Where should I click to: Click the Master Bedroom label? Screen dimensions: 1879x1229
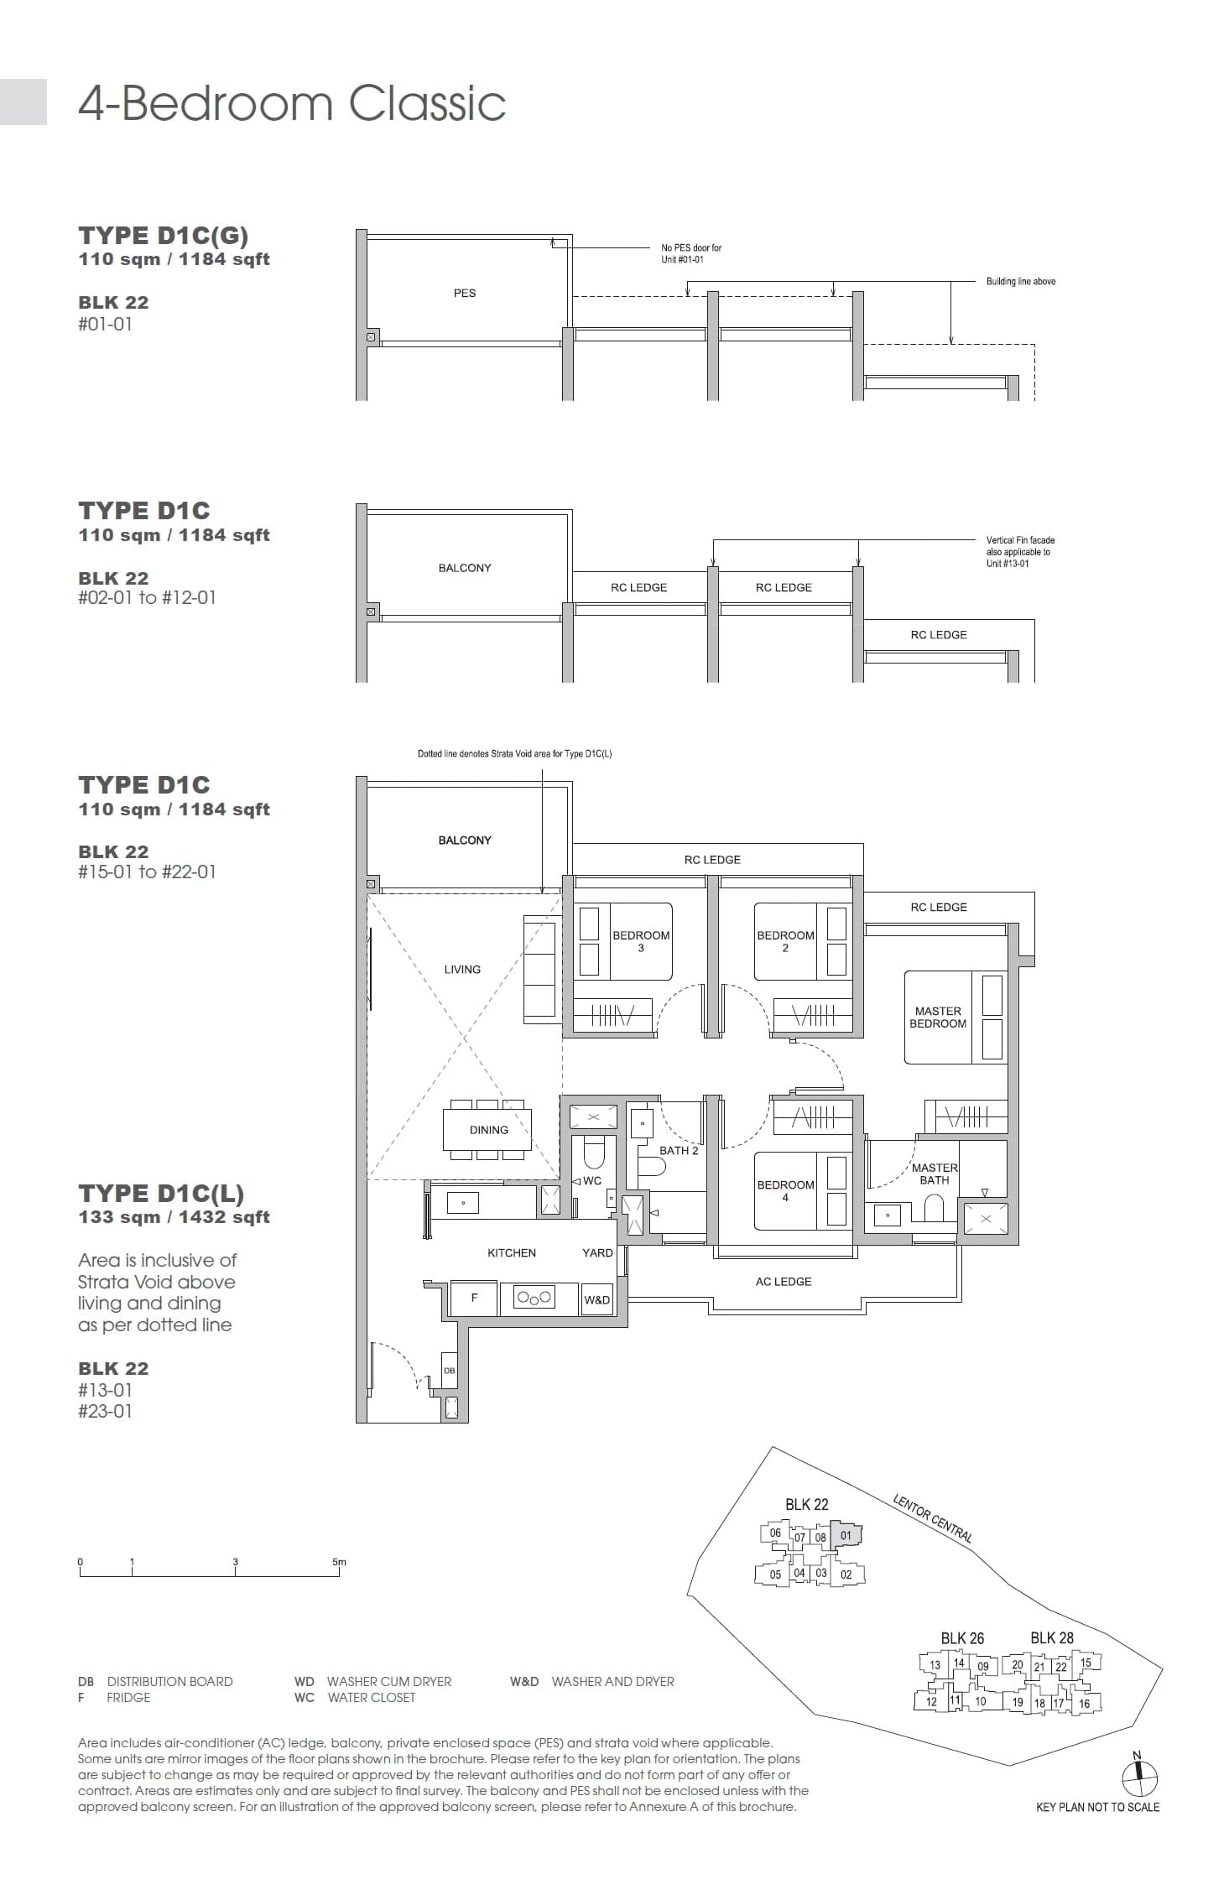coord(938,1017)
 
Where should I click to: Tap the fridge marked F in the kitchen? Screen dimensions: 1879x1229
coord(474,1298)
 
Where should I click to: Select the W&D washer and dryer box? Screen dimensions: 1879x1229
coord(596,1299)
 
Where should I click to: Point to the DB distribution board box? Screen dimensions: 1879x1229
coord(450,1371)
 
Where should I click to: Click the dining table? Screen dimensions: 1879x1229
coord(488,1130)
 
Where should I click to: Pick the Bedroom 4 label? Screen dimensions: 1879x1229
coord(785,1190)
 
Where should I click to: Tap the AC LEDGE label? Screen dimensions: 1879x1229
coord(783,1281)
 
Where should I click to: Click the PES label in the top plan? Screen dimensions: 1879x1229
coord(464,293)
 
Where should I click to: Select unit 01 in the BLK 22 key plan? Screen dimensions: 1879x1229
coord(846,1536)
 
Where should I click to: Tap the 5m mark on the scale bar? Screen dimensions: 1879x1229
coord(339,1562)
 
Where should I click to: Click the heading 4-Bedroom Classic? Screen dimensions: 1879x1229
coord(292,103)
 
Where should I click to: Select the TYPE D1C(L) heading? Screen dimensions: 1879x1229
coord(161,1193)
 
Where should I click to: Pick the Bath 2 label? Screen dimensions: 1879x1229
coord(678,1150)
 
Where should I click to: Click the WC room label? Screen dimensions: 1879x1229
coord(591,1180)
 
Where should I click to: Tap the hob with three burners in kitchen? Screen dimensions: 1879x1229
coord(534,1298)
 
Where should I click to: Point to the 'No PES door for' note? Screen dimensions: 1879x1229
coord(690,247)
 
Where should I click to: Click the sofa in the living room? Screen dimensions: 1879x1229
coord(540,969)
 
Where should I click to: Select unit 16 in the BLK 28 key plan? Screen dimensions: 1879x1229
coord(1084,1703)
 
